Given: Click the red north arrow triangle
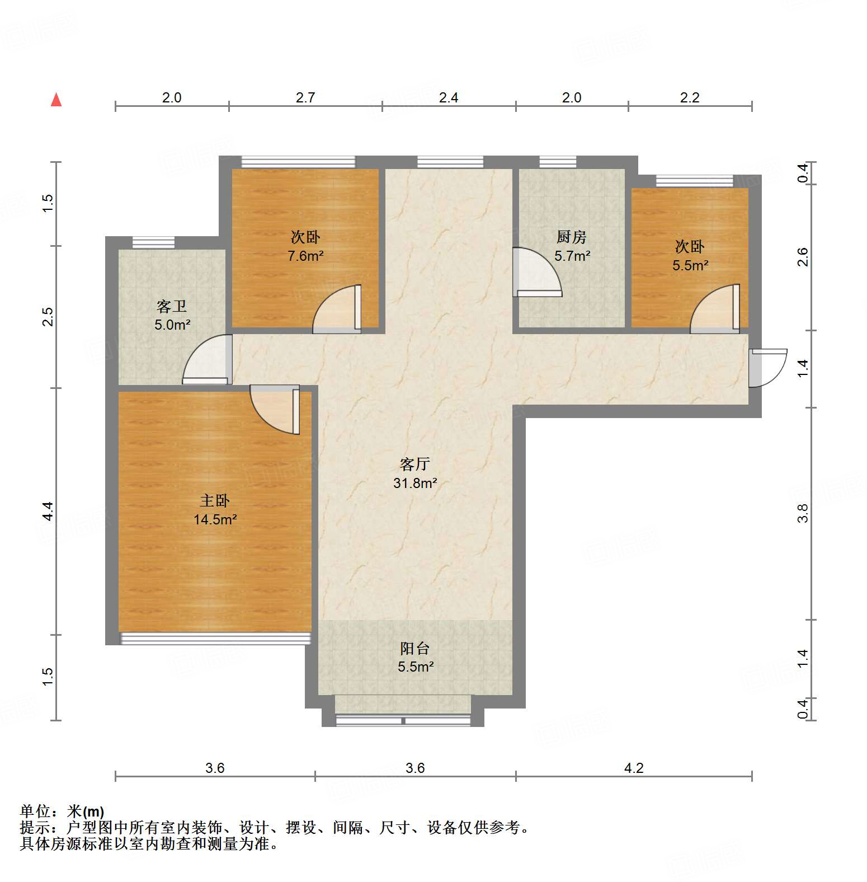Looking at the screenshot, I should click(x=56, y=100).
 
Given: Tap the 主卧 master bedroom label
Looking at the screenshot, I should click(x=215, y=500).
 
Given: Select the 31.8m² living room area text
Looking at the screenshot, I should click(x=414, y=483).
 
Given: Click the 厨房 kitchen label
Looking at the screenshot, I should click(x=571, y=237).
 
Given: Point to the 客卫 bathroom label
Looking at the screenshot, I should click(x=172, y=306).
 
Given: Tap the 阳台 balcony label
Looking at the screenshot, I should click(x=415, y=648).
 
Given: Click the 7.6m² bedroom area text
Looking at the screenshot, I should click(x=305, y=256).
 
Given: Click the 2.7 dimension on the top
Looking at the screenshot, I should click(x=305, y=98).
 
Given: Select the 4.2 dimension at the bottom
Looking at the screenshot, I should click(x=634, y=768).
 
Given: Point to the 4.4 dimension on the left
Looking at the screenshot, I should click(x=48, y=511).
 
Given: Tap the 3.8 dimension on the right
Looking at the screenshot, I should click(x=803, y=513).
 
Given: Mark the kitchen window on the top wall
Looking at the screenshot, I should click(x=557, y=162).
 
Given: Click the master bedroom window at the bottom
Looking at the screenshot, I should click(x=215, y=638).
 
